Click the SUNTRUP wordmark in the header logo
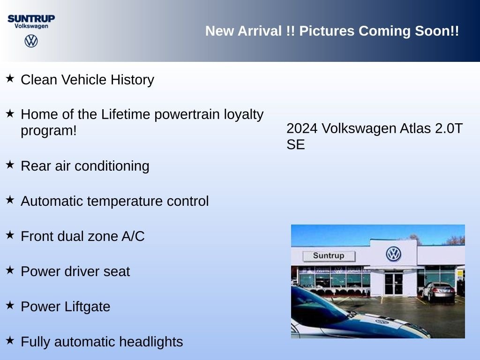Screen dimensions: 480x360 31,19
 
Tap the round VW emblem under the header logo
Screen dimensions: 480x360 31,41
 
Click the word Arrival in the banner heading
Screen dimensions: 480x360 260,31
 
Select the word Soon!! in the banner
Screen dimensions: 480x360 437,31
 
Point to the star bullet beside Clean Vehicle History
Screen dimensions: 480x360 10,78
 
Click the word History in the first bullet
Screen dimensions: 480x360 132,80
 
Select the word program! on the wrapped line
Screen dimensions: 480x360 49,131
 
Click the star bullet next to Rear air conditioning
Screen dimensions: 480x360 10,165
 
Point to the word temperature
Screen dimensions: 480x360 125,202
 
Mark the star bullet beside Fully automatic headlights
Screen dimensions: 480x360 10,340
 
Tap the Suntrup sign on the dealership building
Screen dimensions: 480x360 329,256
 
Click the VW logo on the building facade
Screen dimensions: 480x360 393,254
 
